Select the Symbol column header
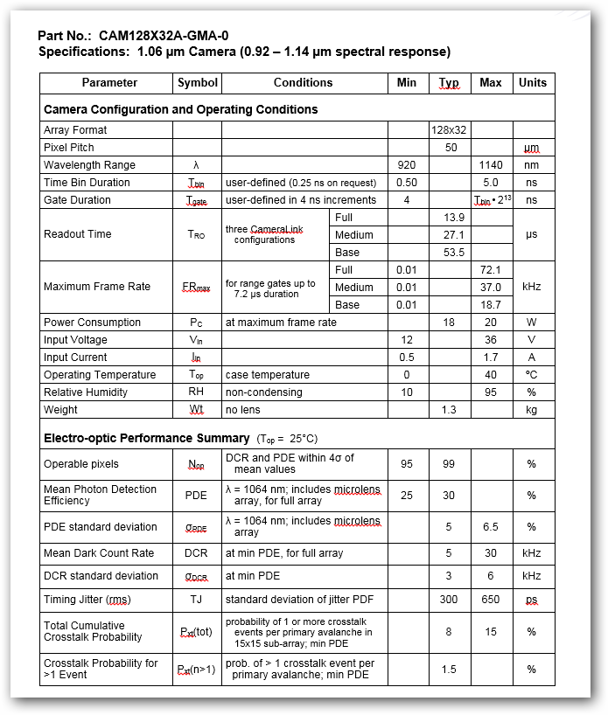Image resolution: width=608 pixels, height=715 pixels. click(197, 83)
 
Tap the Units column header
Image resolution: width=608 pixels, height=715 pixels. click(532, 83)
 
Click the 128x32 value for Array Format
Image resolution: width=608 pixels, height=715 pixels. click(449, 130)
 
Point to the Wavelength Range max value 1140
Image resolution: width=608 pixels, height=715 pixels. click(491, 165)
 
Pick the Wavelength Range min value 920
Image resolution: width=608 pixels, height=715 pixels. click(406, 165)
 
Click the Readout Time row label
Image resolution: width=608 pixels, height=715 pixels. click(78, 234)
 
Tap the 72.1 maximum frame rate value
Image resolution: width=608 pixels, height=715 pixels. click(491, 270)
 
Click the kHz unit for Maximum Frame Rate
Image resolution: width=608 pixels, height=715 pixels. click(532, 287)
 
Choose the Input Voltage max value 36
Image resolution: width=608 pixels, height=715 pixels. click(491, 340)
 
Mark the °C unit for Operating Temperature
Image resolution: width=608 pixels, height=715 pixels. click(532, 375)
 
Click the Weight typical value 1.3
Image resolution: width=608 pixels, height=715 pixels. click(449, 410)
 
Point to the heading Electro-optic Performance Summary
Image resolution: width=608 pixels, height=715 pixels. click(147, 438)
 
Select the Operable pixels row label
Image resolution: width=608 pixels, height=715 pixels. click(81, 464)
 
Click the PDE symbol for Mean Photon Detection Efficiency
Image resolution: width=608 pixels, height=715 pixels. click(197, 496)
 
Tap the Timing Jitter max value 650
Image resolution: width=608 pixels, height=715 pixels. click(491, 600)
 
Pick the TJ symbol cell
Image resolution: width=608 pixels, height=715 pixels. click(197, 600)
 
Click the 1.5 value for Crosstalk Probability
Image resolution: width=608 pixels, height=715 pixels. click(449, 669)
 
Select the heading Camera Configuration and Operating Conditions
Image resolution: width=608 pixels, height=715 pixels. click(181, 110)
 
